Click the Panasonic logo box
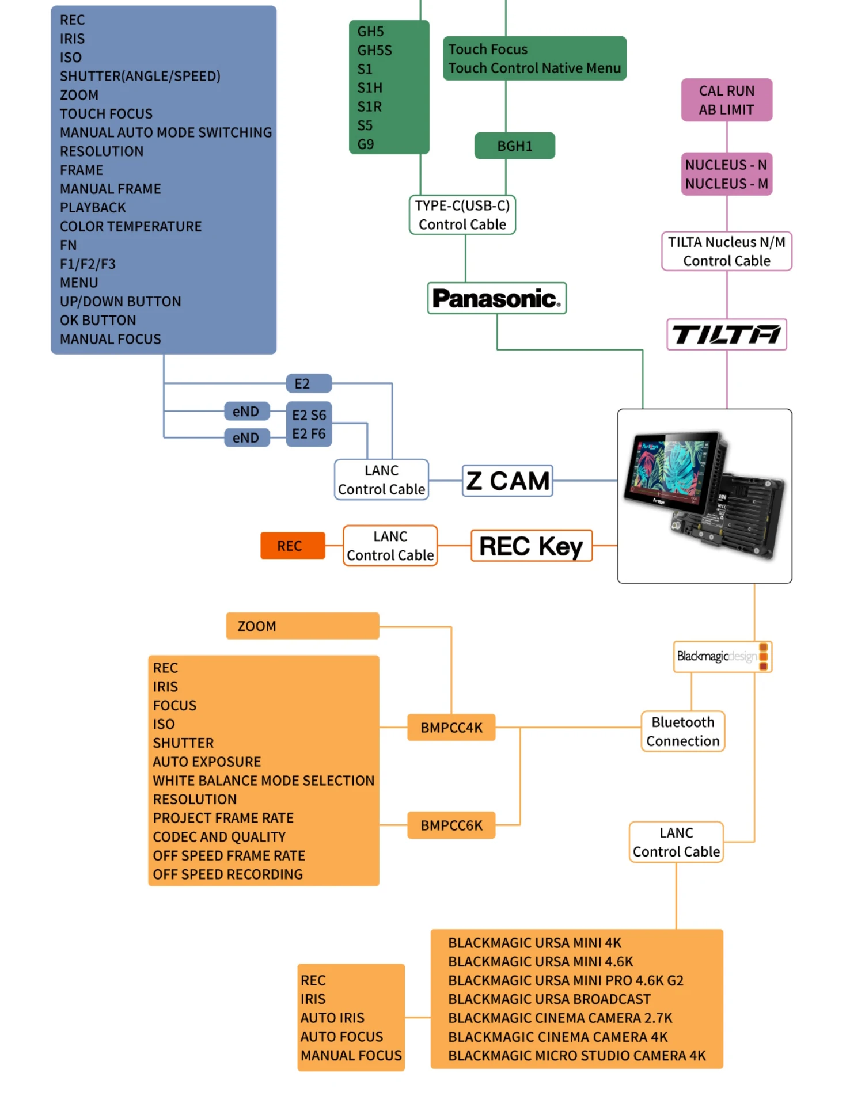click(x=496, y=298)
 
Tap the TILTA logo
click(x=726, y=334)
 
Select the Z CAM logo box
click(x=507, y=481)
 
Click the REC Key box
click(x=531, y=546)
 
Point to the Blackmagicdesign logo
click(x=722, y=657)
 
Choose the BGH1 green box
click(x=514, y=146)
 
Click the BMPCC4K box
click(x=451, y=728)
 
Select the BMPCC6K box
click(x=451, y=825)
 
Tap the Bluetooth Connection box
click(x=682, y=732)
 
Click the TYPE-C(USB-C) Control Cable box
click(x=462, y=215)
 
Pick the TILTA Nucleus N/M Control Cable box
click(x=726, y=252)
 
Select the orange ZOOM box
click(x=302, y=626)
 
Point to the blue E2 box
click(x=309, y=383)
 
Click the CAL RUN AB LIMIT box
click(x=726, y=100)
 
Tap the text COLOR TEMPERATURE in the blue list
click(x=131, y=226)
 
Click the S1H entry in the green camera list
click(x=370, y=88)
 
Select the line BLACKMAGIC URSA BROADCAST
click(x=549, y=999)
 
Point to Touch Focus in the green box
click(x=488, y=50)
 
